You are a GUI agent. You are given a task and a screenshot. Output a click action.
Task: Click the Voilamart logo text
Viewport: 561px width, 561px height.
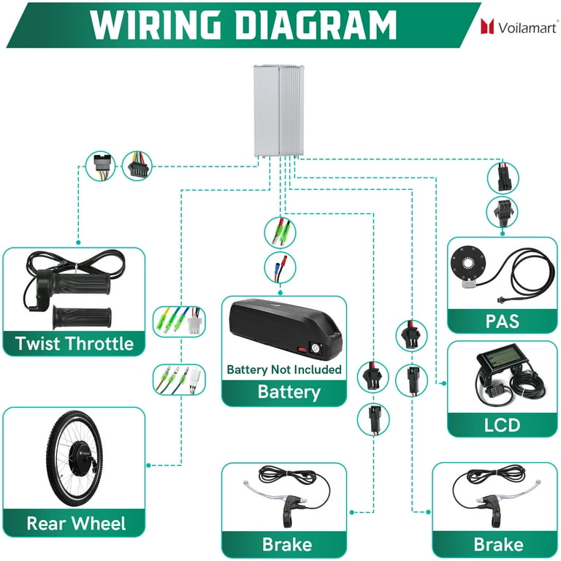pos(527,28)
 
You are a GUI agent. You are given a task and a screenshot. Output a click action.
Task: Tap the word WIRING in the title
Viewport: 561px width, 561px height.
pos(155,25)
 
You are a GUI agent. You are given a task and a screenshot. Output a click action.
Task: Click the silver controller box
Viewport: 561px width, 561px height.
pos(279,110)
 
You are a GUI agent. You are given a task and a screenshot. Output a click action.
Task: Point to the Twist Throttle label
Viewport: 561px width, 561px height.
pos(75,343)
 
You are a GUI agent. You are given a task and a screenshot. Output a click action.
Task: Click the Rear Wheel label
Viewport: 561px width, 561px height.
pos(76,524)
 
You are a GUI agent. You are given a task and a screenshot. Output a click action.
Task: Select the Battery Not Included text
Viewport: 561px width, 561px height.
pos(284,369)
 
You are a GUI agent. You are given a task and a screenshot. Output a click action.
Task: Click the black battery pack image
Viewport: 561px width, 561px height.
pos(286,329)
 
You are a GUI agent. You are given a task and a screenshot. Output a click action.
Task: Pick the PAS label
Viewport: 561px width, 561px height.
pos(503,321)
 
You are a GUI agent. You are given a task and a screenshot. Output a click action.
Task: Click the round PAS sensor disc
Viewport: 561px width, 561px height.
pos(468,263)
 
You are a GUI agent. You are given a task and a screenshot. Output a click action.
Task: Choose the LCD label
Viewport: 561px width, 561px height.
pos(502,425)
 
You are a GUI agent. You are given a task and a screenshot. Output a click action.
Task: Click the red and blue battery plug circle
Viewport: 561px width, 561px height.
pos(280,267)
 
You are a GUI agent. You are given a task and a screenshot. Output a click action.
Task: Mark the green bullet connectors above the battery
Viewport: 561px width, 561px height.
pos(280,232)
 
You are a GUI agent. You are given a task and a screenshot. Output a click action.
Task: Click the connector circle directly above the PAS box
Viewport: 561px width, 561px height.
pos(503,212)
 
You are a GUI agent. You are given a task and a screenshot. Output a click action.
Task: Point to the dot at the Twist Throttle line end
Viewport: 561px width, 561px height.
pos(78,243)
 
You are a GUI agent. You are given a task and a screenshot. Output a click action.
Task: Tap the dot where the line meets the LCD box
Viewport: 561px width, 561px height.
pos(444,383)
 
